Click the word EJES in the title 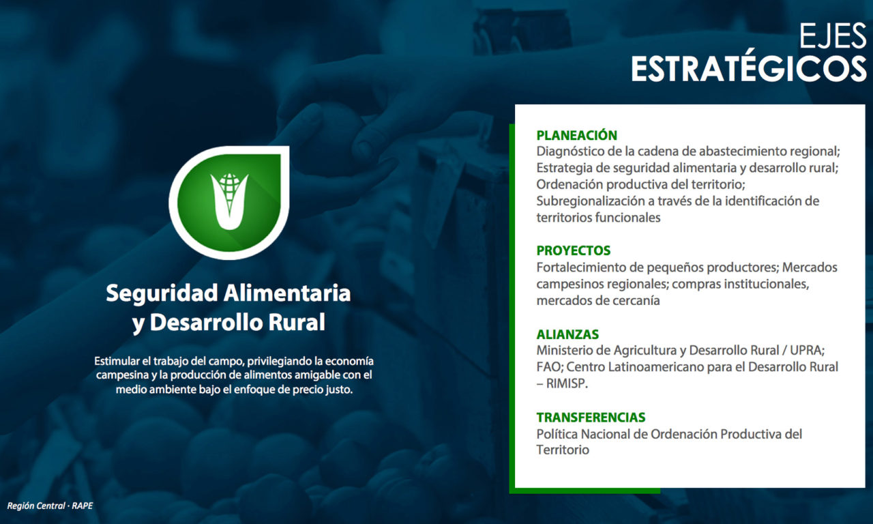pyautogui.click(x=833, y=36)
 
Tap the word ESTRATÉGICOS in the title pyautogui.click(x=749, y=69)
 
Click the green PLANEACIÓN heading pyautogui.click(x=577, y=135)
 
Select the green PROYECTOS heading pyautogui.click(x=574, y=250)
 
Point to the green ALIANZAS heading pyautogui.click(x=567, y=334)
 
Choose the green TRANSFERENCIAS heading pyautogui.click(x=591, y=417)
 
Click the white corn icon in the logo pyautogui.click(x=229, y=201)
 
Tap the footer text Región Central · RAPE pyautogui.click(x=50, y=506)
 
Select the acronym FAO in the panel pyautogui.click(x=550, y=367)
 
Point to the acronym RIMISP pyautogui.click(x=567, y=383)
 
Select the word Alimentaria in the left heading pyautogui.click(x=287, y=293)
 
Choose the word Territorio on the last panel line pyautogui.click(x=563, y=450)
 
